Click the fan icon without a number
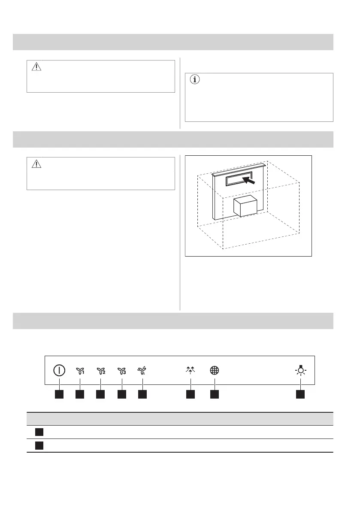142,371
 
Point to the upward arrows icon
191,371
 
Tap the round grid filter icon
214,371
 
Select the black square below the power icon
59,393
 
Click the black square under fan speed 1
80,393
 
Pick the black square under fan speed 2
101,393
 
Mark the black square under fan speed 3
122,393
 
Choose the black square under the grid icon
214,393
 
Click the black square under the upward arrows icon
191,393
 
